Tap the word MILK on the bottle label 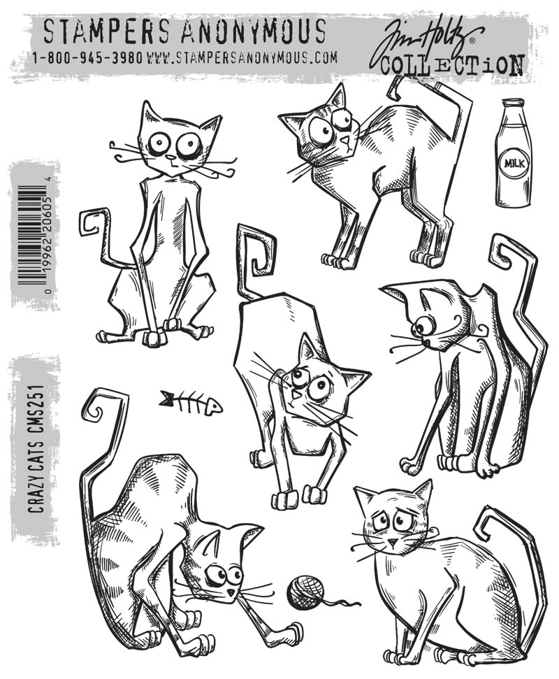pyautogui.click(x=514, y=164)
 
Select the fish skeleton pyautogui.click(x=190, y=402)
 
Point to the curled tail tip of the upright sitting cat pyautogui.click(x=89, y=223)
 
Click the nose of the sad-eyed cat pyautogui.click(x=392, y=542)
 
